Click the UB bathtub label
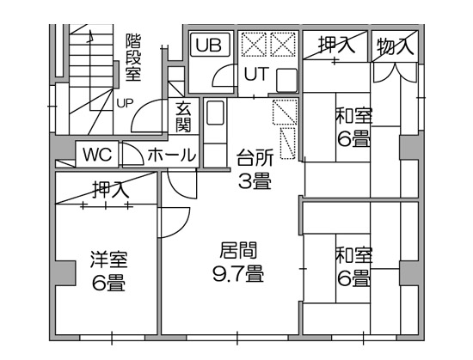click(x=208, y=46)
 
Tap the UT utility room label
click(x=256, y=74)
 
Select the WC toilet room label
click(x=98, y=155)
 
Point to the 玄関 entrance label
click(x=183, y=117)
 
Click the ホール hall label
click(x=172, y=156)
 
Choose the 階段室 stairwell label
click(x=133, y=58)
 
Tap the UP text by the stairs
click(x=125, y=104)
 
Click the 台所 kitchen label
click(x=255, y=157)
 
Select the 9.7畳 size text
click(x=238, y=273)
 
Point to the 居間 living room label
click(x=238, y=250)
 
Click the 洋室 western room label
click(x=109, y=259)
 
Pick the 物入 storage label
click(x=395, y=46)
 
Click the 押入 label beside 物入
click(x=337, y=46)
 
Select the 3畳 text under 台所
click(x=255, y=180)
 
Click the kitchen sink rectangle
click(x=215, y=113)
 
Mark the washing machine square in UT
click(x=287, y=80)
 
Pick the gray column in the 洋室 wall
click(x=64, y=273)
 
